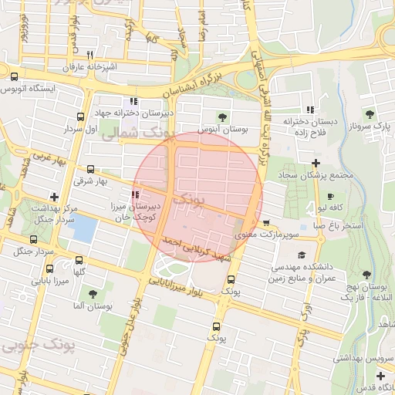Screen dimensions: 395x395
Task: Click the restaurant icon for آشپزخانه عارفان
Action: coord(90,55)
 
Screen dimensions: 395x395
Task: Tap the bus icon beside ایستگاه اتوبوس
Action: coord(15,76)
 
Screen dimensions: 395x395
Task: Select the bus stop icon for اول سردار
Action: coord(81,116)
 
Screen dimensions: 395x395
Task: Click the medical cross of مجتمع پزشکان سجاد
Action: coord(316,163)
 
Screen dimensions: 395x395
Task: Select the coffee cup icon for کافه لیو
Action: coord(331,197)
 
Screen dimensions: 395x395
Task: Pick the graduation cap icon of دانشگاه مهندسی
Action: coord(301,255)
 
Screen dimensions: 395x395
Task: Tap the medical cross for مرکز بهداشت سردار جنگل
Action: coord(53,197)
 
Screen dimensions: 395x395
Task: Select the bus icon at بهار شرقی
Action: coord(92,169)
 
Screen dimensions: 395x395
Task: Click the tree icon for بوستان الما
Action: coord(93,294)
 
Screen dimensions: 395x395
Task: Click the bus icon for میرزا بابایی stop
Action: coord(50,269)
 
